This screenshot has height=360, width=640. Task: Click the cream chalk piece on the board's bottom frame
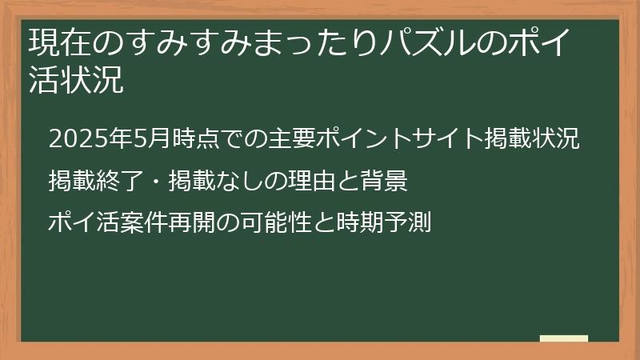click(x=563, y=338)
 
